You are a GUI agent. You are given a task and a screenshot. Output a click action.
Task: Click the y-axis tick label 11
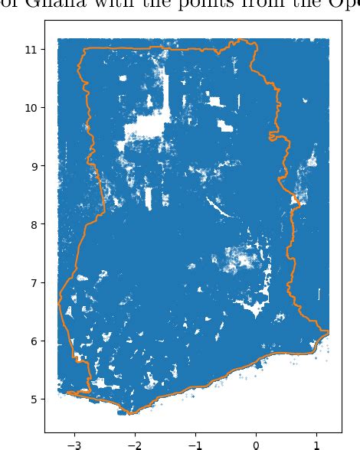click(x=32, y=49)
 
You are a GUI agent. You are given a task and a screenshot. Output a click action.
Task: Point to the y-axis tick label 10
click(x=32, y=108)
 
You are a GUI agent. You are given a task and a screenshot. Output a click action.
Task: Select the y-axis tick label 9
click(x=35, y=166)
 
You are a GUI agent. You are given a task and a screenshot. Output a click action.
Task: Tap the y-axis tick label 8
click(x=35, y=224)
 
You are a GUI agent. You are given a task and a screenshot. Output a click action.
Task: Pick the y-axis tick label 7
click(x=35, y=282)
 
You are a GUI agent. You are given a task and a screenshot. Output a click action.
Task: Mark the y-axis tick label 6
click(x=35, y=341)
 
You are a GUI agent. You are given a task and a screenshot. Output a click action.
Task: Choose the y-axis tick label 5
click(x=35, y=399)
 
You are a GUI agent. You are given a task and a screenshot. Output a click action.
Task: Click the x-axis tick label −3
click(x=74, y=443)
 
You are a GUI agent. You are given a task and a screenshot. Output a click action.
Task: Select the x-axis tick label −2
click(x=134, y=443)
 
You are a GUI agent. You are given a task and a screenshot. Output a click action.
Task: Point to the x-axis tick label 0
click(x=256, y=443)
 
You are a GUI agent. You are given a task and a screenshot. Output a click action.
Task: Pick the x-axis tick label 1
click(x=316, y=443)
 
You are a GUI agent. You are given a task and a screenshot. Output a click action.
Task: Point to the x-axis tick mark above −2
click(x=134, y=434)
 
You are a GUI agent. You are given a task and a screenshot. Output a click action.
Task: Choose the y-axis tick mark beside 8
click(x=43, y=224)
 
